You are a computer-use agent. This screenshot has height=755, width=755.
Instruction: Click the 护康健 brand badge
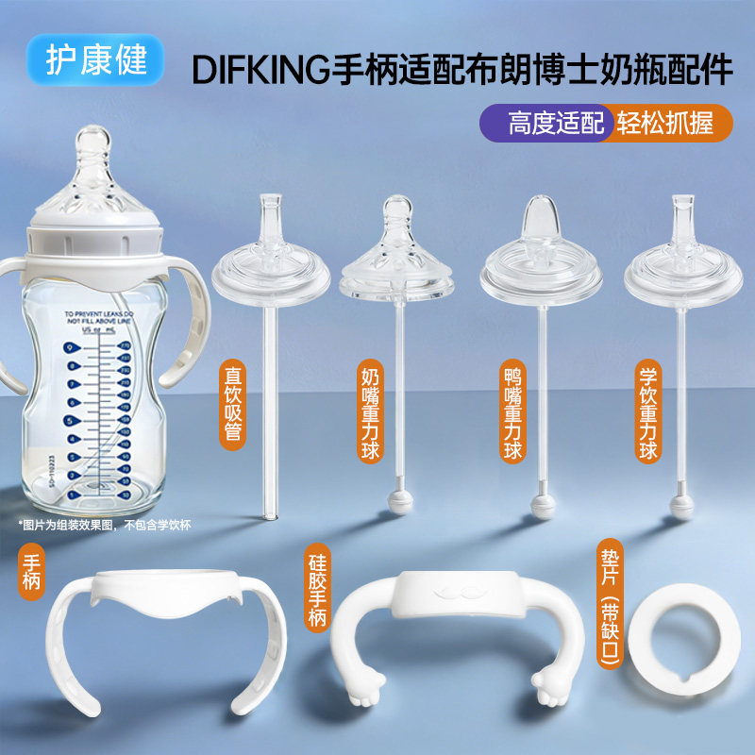pyautogui.click(x=97, y=60)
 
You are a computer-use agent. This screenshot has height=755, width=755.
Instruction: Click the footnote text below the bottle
pyautogui.click(x=104, y=526)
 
